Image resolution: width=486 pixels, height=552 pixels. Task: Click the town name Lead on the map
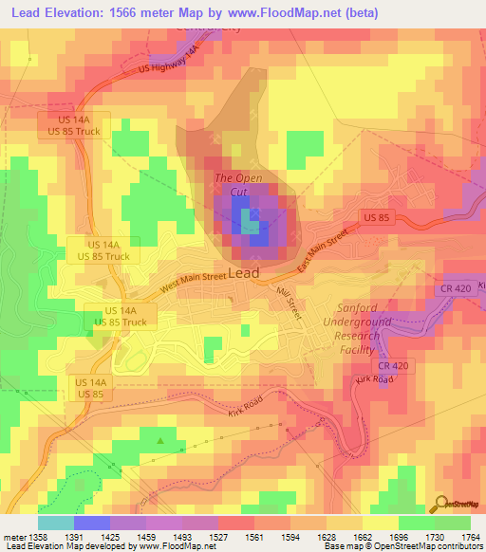point(244,273)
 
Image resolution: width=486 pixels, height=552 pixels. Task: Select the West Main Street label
point(193,282)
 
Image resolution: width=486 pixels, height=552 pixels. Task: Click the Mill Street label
point(289,304)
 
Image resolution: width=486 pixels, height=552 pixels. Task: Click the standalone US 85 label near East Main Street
point(377,217)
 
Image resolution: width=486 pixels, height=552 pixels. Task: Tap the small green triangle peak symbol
point(160,440)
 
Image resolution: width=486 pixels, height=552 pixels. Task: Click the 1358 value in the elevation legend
point(38,537)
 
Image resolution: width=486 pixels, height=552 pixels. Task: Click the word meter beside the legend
point(13,537)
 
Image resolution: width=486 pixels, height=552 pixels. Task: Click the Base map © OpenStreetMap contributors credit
point(402,547)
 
